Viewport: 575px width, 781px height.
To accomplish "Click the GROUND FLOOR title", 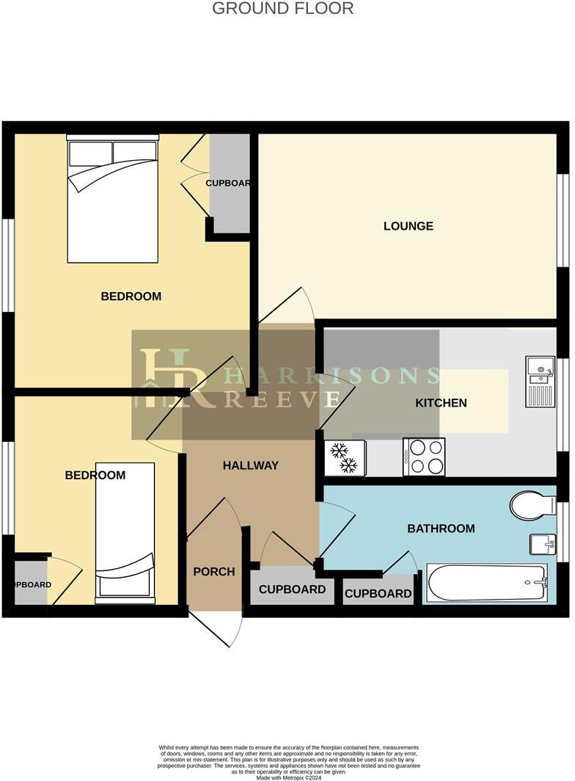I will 282,9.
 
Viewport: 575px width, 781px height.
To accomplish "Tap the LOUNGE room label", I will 408,226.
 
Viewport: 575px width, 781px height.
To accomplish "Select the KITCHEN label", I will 441,403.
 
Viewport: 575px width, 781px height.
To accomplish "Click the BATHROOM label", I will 441,528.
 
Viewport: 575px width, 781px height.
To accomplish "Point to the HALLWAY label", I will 251,465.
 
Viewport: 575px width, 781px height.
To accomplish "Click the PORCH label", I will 214,572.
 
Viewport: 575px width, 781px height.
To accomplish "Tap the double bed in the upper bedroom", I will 112,200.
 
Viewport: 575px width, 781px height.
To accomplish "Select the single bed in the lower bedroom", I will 125,531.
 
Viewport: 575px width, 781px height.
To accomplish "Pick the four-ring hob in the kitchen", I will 424,457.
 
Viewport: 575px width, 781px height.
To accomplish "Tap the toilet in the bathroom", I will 533,506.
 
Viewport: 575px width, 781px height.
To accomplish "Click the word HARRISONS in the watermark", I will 331,376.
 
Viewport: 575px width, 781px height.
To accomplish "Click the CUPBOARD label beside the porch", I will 292,589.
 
